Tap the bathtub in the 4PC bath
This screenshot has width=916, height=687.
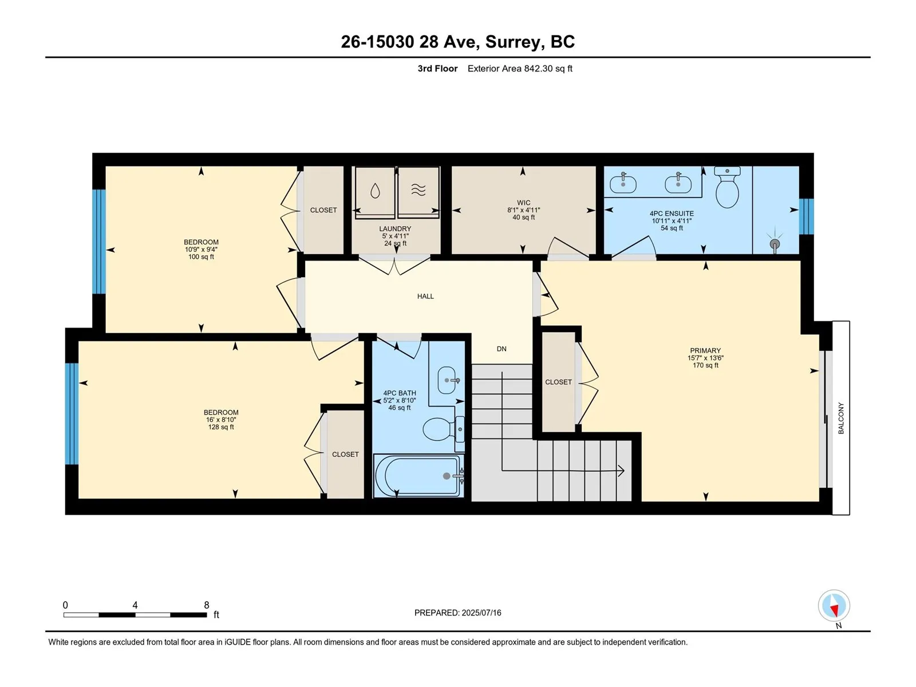pos(418,476)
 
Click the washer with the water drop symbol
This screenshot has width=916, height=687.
pos(375,192)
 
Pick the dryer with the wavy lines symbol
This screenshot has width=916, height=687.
pos(418,192)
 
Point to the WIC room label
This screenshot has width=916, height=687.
pos(523,203)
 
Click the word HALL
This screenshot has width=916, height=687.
pos(425,296)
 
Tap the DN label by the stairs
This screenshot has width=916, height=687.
pos(501,349)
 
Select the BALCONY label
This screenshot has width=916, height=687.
pos(840,418)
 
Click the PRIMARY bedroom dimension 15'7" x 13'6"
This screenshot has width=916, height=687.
pos(705,358)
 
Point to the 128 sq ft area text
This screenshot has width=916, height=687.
pos(221,427)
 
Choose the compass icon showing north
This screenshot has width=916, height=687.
pos(834,605)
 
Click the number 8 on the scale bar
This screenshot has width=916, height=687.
pos(207,605)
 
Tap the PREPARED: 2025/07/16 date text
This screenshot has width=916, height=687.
pos(458,613)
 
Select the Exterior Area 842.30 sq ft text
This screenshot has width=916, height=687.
pos(520,68)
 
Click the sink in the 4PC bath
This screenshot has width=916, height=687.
pos(447,380)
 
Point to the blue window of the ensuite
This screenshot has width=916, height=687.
pos(806,216)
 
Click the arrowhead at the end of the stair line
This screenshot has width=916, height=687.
pos(621,471)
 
